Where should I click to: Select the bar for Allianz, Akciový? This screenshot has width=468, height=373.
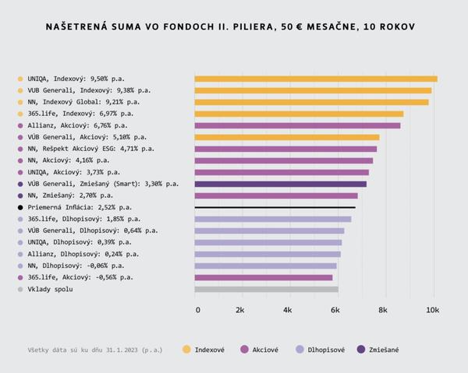297,125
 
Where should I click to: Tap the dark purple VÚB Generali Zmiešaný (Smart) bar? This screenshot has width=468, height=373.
280,184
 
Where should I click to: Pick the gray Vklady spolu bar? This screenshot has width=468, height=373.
266,289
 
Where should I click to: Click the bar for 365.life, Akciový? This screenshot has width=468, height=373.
264,277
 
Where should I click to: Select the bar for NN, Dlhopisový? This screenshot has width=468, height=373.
265,266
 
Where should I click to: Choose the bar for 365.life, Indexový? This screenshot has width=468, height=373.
299,114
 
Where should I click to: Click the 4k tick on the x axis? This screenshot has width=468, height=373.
288,310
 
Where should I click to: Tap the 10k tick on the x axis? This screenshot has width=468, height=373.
432,310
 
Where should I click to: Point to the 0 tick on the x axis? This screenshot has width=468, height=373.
197,310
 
